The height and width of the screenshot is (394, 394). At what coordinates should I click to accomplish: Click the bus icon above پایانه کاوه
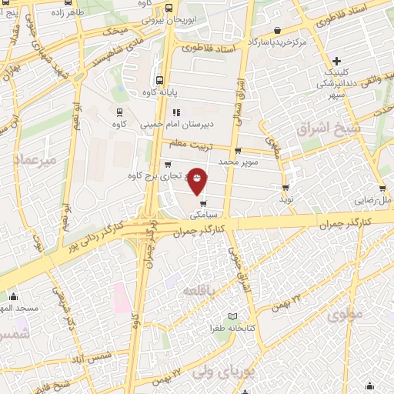point(159,81)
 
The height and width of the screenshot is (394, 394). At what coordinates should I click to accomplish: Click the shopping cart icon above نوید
point(286,187)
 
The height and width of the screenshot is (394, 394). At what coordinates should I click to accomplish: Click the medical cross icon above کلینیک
point(336,61)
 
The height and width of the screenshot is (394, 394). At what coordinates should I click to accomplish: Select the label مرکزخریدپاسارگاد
point(278,42)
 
